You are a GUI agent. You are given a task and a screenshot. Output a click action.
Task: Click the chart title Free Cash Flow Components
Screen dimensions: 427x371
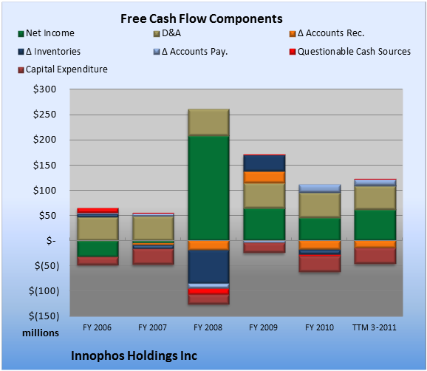tap(202, 18)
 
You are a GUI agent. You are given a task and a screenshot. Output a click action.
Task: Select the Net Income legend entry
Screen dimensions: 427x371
tap(47, 33)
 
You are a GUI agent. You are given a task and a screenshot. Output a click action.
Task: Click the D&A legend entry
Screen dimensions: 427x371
tap(167, 33)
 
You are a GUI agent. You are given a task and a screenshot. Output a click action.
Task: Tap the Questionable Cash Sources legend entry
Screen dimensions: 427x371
tap(350, 52)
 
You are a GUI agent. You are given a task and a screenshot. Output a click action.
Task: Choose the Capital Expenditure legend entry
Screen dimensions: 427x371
tap(63, 69)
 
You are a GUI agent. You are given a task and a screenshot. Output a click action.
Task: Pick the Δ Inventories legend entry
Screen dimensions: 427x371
tap(49, 52)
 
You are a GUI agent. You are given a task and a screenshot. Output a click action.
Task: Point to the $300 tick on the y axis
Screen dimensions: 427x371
tap(44, 89)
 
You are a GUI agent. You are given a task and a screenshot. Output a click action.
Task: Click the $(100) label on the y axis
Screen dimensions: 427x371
tap(44, 291)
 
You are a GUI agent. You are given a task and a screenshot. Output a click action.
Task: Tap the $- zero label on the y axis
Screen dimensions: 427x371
tap(51, 240)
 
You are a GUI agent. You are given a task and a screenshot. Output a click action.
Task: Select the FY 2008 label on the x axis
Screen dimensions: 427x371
tap(208, 327)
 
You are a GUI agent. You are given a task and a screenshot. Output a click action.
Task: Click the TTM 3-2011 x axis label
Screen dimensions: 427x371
tap(375, 327)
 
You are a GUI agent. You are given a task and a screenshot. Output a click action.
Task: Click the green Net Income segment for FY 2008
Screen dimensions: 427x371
tap(208, 188)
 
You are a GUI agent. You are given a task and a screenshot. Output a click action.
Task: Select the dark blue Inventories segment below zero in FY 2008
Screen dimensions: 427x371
tap(208, 267)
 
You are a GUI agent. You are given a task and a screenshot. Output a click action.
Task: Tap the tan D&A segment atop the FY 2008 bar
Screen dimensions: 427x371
tap(208, 122)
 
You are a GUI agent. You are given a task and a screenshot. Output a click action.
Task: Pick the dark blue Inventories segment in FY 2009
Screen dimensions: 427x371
tap(264, 163)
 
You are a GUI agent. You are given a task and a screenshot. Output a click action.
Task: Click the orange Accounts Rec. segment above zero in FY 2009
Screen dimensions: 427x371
tap(264, 177)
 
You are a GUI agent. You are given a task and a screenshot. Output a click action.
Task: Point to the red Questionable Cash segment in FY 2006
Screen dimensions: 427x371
tap(98, 211)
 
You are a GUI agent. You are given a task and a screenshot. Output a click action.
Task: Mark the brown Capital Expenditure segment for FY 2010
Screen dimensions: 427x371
tap(319, 264)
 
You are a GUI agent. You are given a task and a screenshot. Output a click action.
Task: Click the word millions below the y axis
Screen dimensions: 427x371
tap(41, 333)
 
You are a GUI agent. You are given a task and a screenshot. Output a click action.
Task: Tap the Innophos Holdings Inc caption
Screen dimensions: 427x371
tap(134, 355)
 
